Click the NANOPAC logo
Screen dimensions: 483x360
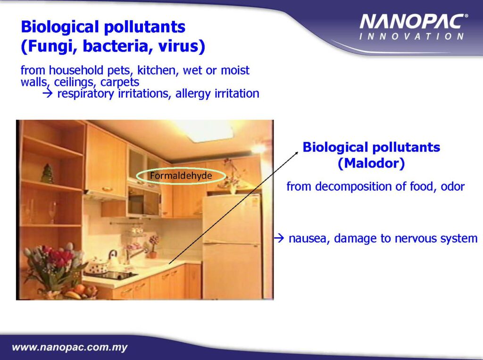pyautogui.click(x=413, y=22)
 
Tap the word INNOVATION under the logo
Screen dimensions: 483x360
pyautogui.click(x=411, y=36)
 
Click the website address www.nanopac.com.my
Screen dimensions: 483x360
pyautogui.click(x=70, y=347)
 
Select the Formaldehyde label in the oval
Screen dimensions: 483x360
pyautogui.click(x=181, y=176)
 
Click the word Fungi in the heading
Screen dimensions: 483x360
pyautogui.click(x=48, y=46)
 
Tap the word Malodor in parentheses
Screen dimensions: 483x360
pyautogui.click(x=371, y=163)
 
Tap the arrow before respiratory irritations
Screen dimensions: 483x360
pyautogui.click(x=48, y=93)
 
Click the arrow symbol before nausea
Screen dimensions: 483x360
pyautogui.click(x=279, y=238)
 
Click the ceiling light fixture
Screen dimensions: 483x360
pyautogui.click(x=204, y=130)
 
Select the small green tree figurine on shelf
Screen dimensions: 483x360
pyautogui.click(x=48, y=174)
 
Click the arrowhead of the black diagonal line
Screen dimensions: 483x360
pyautogui.click(x=297, y=153)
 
